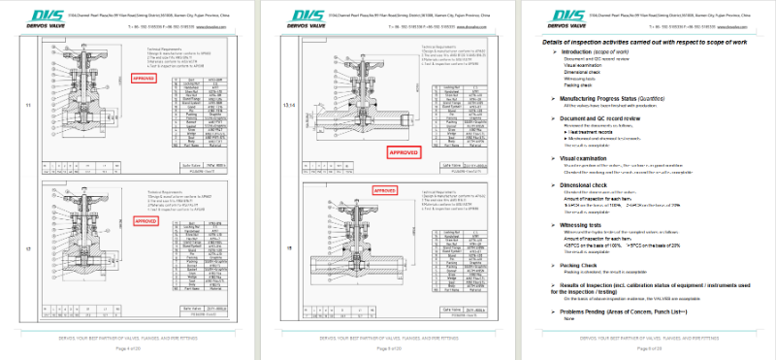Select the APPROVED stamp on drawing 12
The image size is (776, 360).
coord(145,221)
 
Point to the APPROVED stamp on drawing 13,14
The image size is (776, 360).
coord(402,151)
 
